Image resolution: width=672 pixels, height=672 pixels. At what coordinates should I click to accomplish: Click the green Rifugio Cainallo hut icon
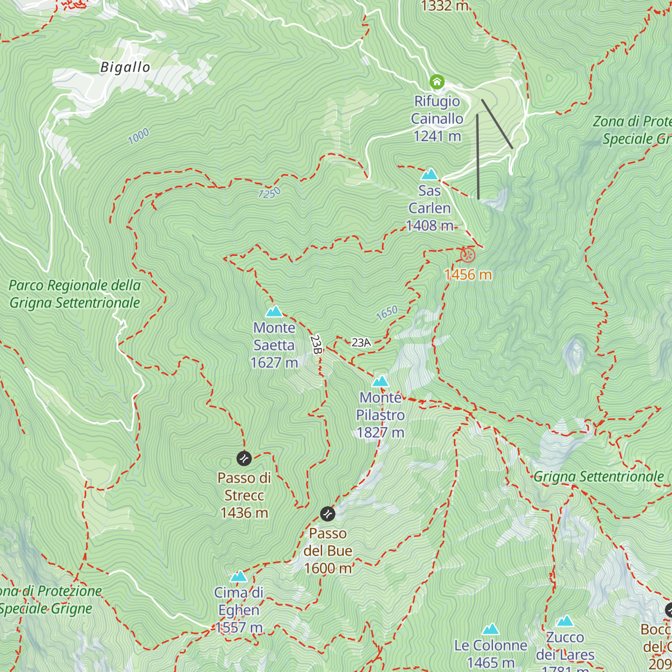tap(437, 82)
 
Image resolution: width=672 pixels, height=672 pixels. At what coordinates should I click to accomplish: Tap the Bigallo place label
tap(125, 67)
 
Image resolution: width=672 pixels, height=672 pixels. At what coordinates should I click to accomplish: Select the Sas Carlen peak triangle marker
tap(430, 174)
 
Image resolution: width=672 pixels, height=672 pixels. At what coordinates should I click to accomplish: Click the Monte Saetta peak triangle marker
tap(274, 311)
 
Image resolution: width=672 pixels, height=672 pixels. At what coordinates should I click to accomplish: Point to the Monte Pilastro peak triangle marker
tap(380, 381)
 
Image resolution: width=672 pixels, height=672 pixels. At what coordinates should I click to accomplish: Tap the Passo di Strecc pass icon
tap(244, 458)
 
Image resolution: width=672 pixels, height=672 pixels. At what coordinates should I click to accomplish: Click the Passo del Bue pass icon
tap(328, 514)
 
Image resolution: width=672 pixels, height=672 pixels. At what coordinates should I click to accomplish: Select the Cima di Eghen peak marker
tap(239, 576)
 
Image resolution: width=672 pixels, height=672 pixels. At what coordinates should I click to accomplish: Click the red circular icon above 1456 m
tap(468, 255)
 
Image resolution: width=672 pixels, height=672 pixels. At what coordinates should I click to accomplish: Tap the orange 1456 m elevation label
tap(468, 274)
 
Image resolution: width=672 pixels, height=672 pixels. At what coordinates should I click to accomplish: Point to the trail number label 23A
tap(361, 343)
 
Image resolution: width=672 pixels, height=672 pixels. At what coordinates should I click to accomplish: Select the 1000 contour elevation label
tap(138, 136)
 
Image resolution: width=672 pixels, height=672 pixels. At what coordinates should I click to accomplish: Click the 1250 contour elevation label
tap(269, 193)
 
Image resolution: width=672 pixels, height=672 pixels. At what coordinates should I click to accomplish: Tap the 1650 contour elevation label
tap(386, 313)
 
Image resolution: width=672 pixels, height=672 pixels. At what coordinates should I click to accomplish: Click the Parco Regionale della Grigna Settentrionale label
tap(74, 294)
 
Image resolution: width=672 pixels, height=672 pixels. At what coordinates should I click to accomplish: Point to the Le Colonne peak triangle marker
tap(491, 629)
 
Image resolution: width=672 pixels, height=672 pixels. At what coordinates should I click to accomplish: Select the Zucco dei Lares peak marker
tap(565, 621)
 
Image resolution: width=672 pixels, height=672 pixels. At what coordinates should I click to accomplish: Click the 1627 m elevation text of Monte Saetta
tap(274, 363)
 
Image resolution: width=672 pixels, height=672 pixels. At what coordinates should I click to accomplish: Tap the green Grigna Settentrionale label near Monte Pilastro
tap(598, 477)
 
